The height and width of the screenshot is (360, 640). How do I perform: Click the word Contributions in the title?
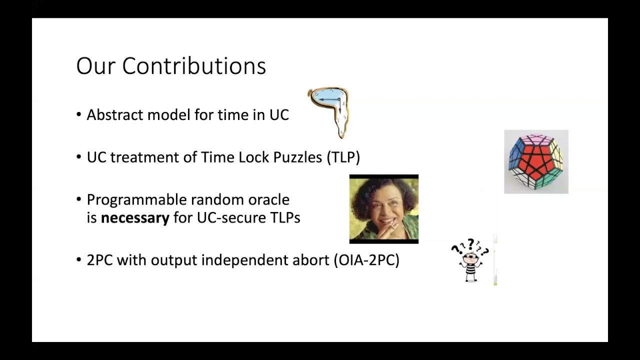(x=194, y=66)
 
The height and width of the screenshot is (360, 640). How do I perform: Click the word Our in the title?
(x=96, y=66)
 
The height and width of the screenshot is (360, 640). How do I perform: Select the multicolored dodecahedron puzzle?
(x=536, y=161)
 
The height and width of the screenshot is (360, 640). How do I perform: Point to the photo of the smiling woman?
(x=383, y=209)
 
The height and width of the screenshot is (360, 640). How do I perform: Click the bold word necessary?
(x=135, y=218)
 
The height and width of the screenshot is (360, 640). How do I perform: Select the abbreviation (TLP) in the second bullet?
(x=343, y=157)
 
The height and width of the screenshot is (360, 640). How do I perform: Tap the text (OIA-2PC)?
(x=366, y=260)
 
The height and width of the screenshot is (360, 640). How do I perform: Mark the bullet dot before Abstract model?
(x=79, y=115)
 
